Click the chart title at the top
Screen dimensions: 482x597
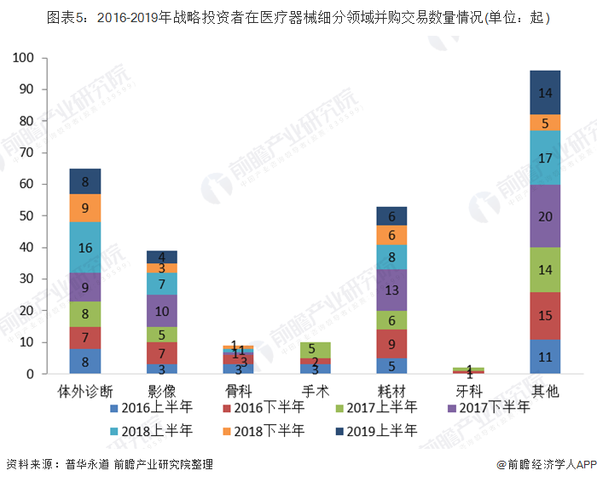point(298,18)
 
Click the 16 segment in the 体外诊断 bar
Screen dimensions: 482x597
point(84,248)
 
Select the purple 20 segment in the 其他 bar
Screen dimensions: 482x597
point(546,216)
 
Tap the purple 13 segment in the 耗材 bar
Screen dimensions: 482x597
point(392,290)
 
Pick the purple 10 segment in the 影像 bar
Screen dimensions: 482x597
point(161,311)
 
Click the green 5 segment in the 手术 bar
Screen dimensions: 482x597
point(315,349)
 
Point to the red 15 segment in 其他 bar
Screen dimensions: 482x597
point(546,315)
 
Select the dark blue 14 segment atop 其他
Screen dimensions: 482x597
point(546,92)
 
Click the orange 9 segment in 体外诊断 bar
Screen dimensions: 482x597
point(84,208)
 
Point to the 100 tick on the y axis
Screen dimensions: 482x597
point(24,58)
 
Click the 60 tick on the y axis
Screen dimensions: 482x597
point(27,184)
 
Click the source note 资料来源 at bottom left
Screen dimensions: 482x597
point(109,464)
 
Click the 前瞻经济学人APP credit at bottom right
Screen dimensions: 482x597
point(546,464)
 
